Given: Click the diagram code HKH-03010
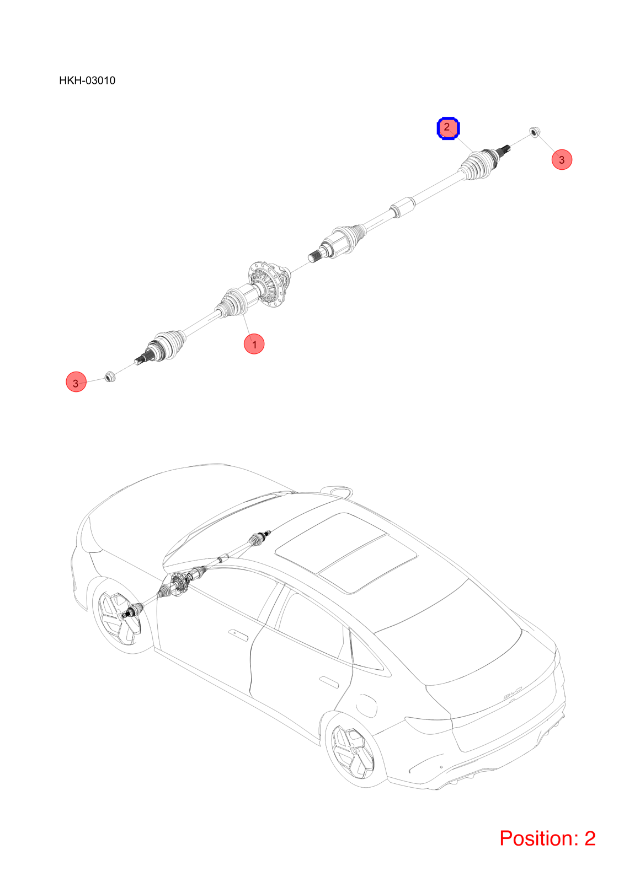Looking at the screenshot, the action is (x=87, y=80).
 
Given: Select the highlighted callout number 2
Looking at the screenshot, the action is (x=448, y=127).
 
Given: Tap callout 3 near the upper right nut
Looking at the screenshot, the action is (x=561, y=159).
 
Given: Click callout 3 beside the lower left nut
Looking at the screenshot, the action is (x=76, y=381).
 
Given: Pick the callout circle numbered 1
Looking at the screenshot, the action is (x=254, y=344).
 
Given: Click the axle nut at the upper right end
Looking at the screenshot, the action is (x=534, y=132).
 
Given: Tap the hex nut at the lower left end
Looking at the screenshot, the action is (x=110, y=377).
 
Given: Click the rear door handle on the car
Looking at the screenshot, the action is (x=328, y=682).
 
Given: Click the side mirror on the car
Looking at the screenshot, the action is (x=336, y=490).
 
